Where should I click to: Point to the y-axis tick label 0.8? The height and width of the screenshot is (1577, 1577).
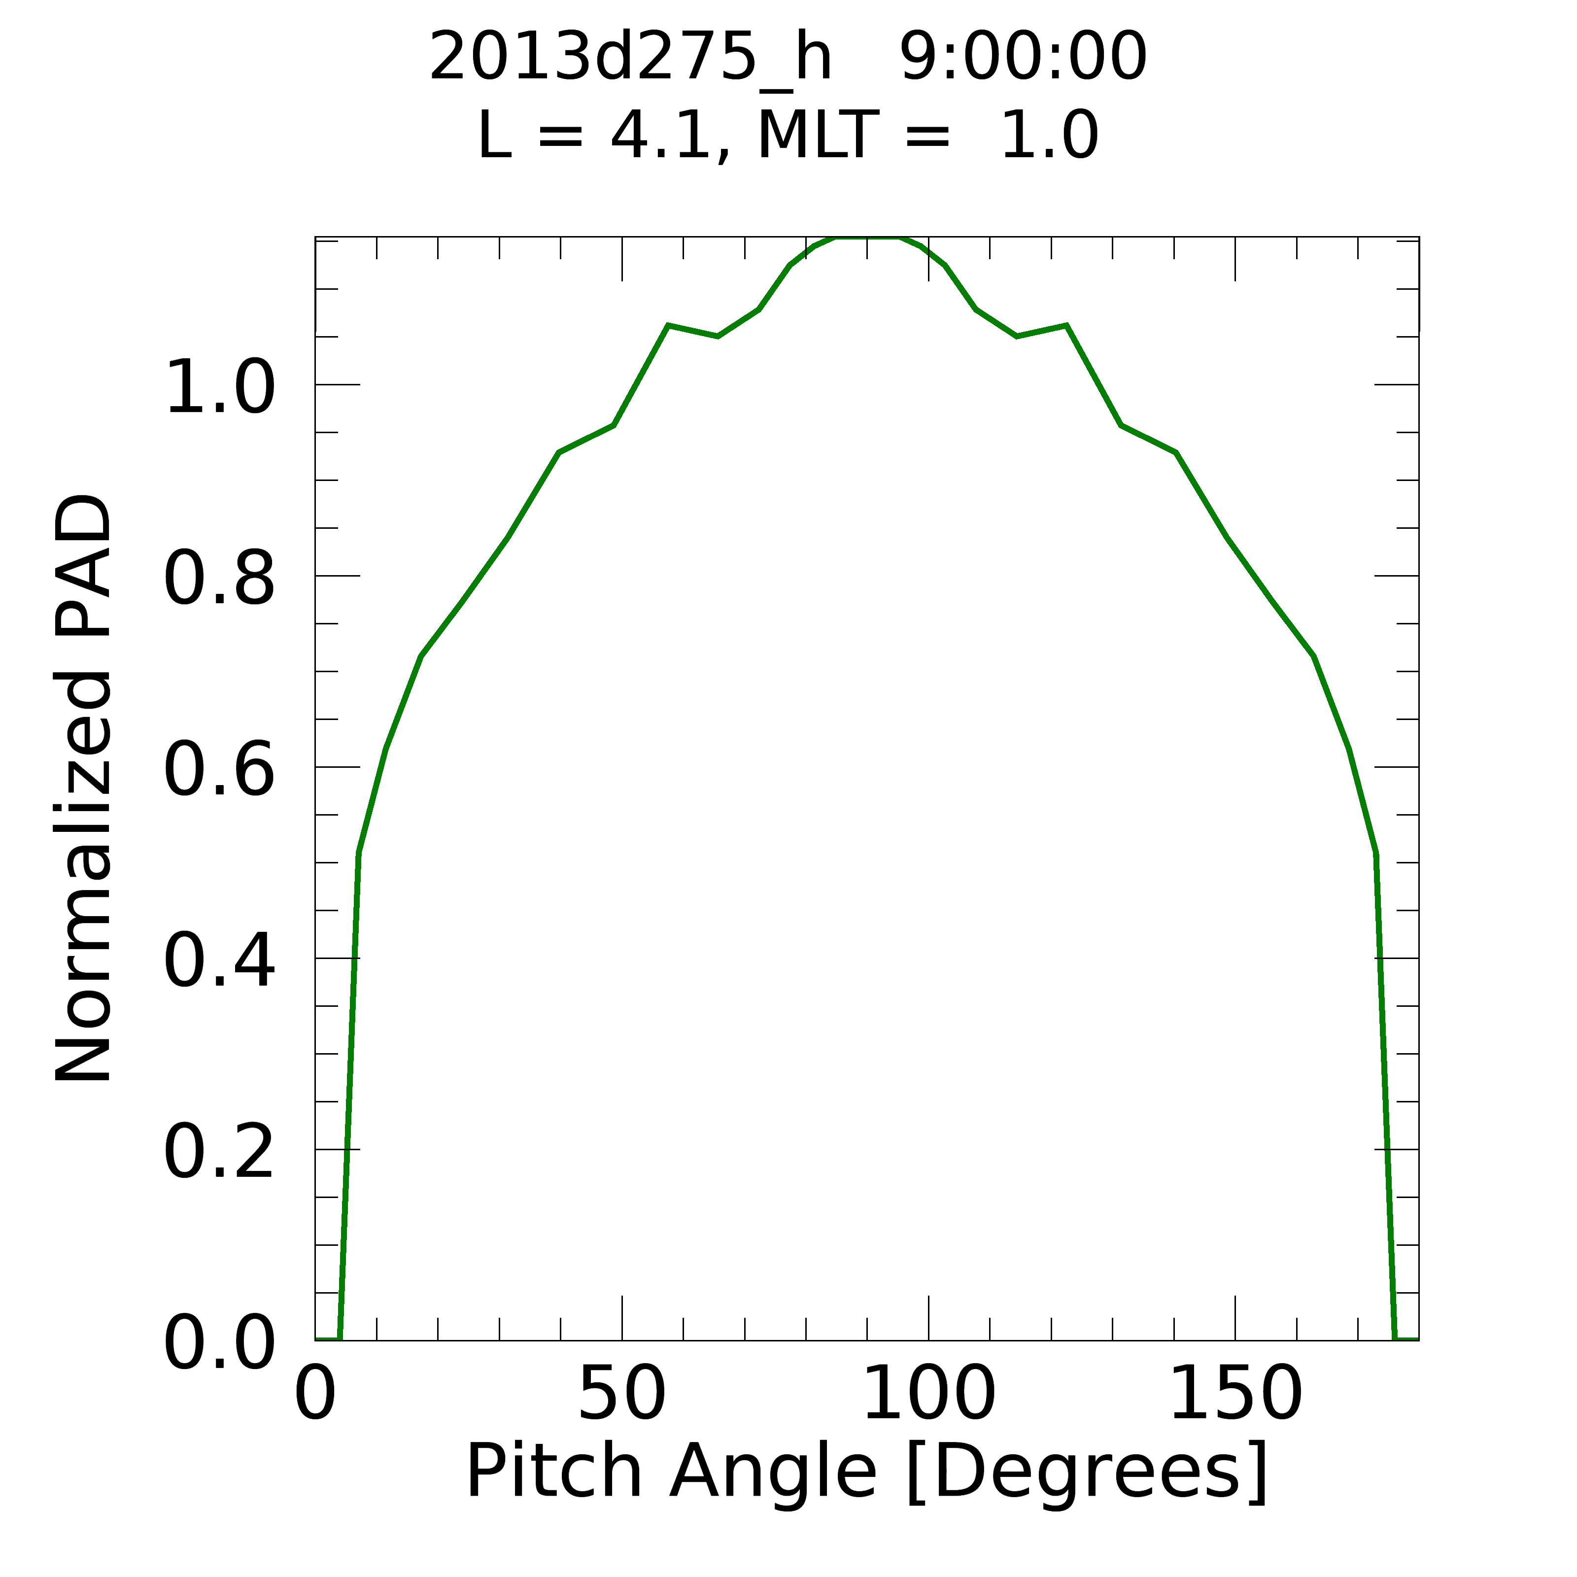(x=219, y=581)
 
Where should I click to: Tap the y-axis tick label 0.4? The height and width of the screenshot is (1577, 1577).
(x=219, y=963)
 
